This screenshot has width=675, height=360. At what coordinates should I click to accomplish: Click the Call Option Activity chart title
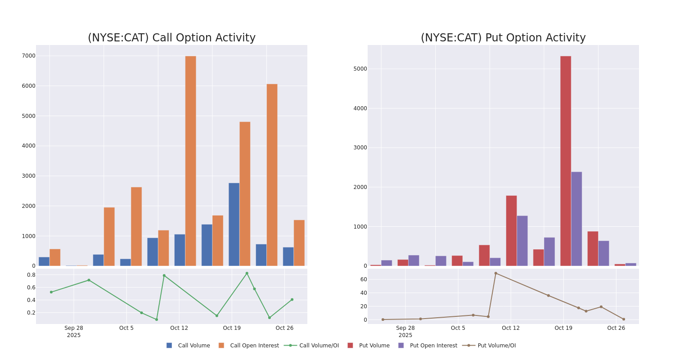coord(171,38)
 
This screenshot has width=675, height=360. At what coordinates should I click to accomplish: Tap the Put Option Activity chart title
coord(503,38)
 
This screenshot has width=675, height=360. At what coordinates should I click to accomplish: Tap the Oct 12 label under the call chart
coord(179,328)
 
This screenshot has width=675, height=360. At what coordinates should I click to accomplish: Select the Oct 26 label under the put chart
coord(616,328)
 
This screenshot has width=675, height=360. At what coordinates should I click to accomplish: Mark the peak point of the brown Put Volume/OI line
coord(495,273)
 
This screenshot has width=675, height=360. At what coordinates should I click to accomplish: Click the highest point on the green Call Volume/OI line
coord(247,273)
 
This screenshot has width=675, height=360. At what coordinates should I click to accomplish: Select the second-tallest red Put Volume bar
coord(511,230)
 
